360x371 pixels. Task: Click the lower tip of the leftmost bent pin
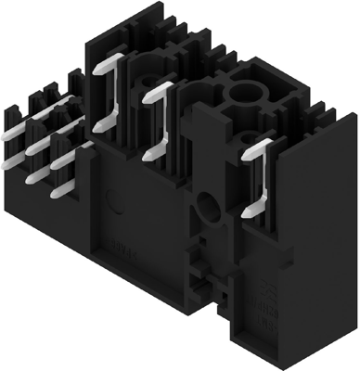(100, 126)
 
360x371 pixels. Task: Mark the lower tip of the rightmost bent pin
(247, 213)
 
